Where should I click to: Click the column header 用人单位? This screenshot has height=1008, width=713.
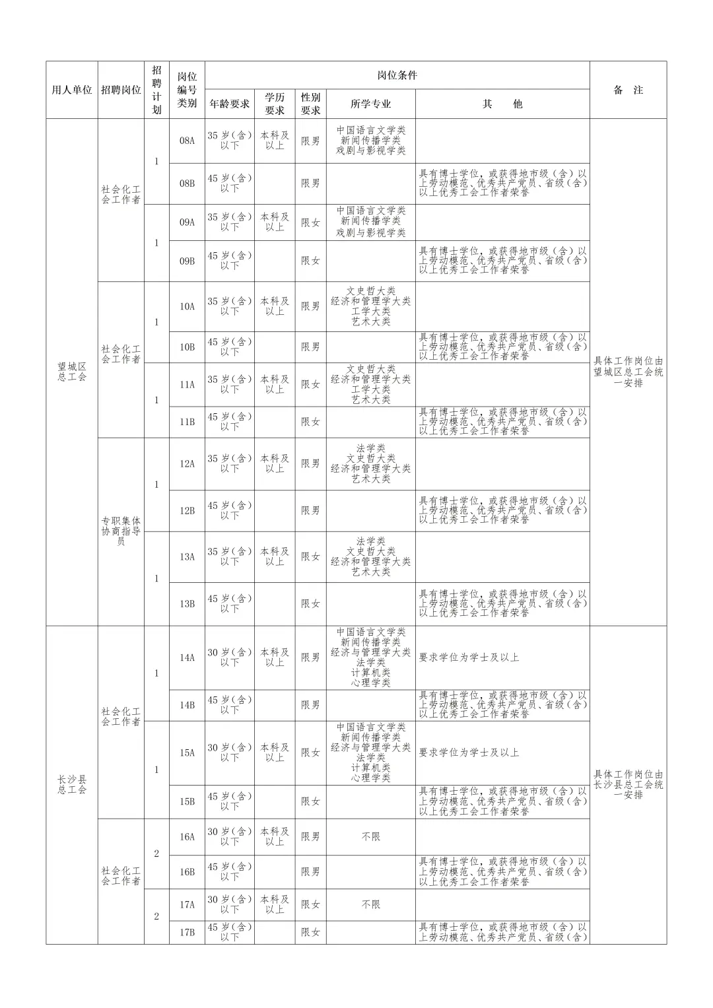pos(72,90)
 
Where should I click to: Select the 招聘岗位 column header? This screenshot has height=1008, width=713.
pos(121,90)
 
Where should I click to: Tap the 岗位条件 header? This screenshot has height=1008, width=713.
pos(397,75)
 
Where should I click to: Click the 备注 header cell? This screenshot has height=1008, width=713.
pos(627,90)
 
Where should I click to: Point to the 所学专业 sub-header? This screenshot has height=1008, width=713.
pos(370,104)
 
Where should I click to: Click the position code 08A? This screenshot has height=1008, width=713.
pos(187,141)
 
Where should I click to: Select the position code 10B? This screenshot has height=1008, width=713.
pos(187,347)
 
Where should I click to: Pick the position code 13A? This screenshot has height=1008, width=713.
pos(187,556)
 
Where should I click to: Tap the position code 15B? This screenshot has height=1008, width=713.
pos(187,801)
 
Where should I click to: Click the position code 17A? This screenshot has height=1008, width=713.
pos(187,904)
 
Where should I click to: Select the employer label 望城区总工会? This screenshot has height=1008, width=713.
pos(72,372)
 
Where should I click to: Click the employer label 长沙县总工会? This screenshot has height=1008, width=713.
pos(72,784)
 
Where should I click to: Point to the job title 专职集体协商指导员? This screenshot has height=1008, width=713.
pos(121,531)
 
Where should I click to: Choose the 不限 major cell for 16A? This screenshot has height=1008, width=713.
pos(370,836)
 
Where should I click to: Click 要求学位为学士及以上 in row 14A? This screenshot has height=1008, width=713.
pos(469,657)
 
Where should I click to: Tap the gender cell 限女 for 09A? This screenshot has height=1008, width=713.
pos(310,222)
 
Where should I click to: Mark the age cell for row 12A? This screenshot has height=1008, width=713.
pos(230,463)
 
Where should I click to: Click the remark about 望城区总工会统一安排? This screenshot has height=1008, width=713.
pos(627,372)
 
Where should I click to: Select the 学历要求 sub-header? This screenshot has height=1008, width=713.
pos(275,104)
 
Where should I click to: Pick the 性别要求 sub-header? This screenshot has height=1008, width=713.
pos(310,104)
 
